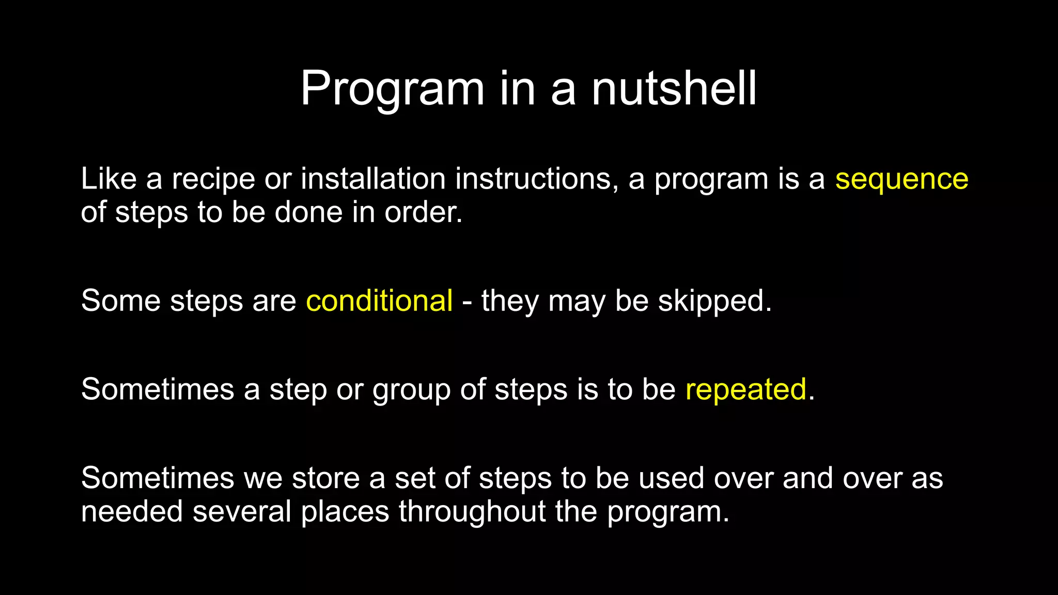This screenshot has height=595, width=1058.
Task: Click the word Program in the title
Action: (392, 89)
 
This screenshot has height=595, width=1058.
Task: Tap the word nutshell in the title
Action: (674, 89)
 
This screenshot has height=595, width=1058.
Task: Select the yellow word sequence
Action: (901, 180)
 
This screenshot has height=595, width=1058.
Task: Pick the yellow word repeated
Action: (745, 389)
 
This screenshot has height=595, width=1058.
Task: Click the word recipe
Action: (213, 180)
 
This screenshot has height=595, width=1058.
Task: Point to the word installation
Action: (373, 180)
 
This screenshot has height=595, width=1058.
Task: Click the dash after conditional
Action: (467, 302)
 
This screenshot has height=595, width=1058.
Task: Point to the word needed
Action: (132, 511)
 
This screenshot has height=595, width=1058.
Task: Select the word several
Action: (242, 511)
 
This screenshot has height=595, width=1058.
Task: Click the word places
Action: (345, 512)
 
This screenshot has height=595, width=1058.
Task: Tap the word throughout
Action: (472, 511)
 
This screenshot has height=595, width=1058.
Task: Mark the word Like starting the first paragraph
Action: (108, 179)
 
